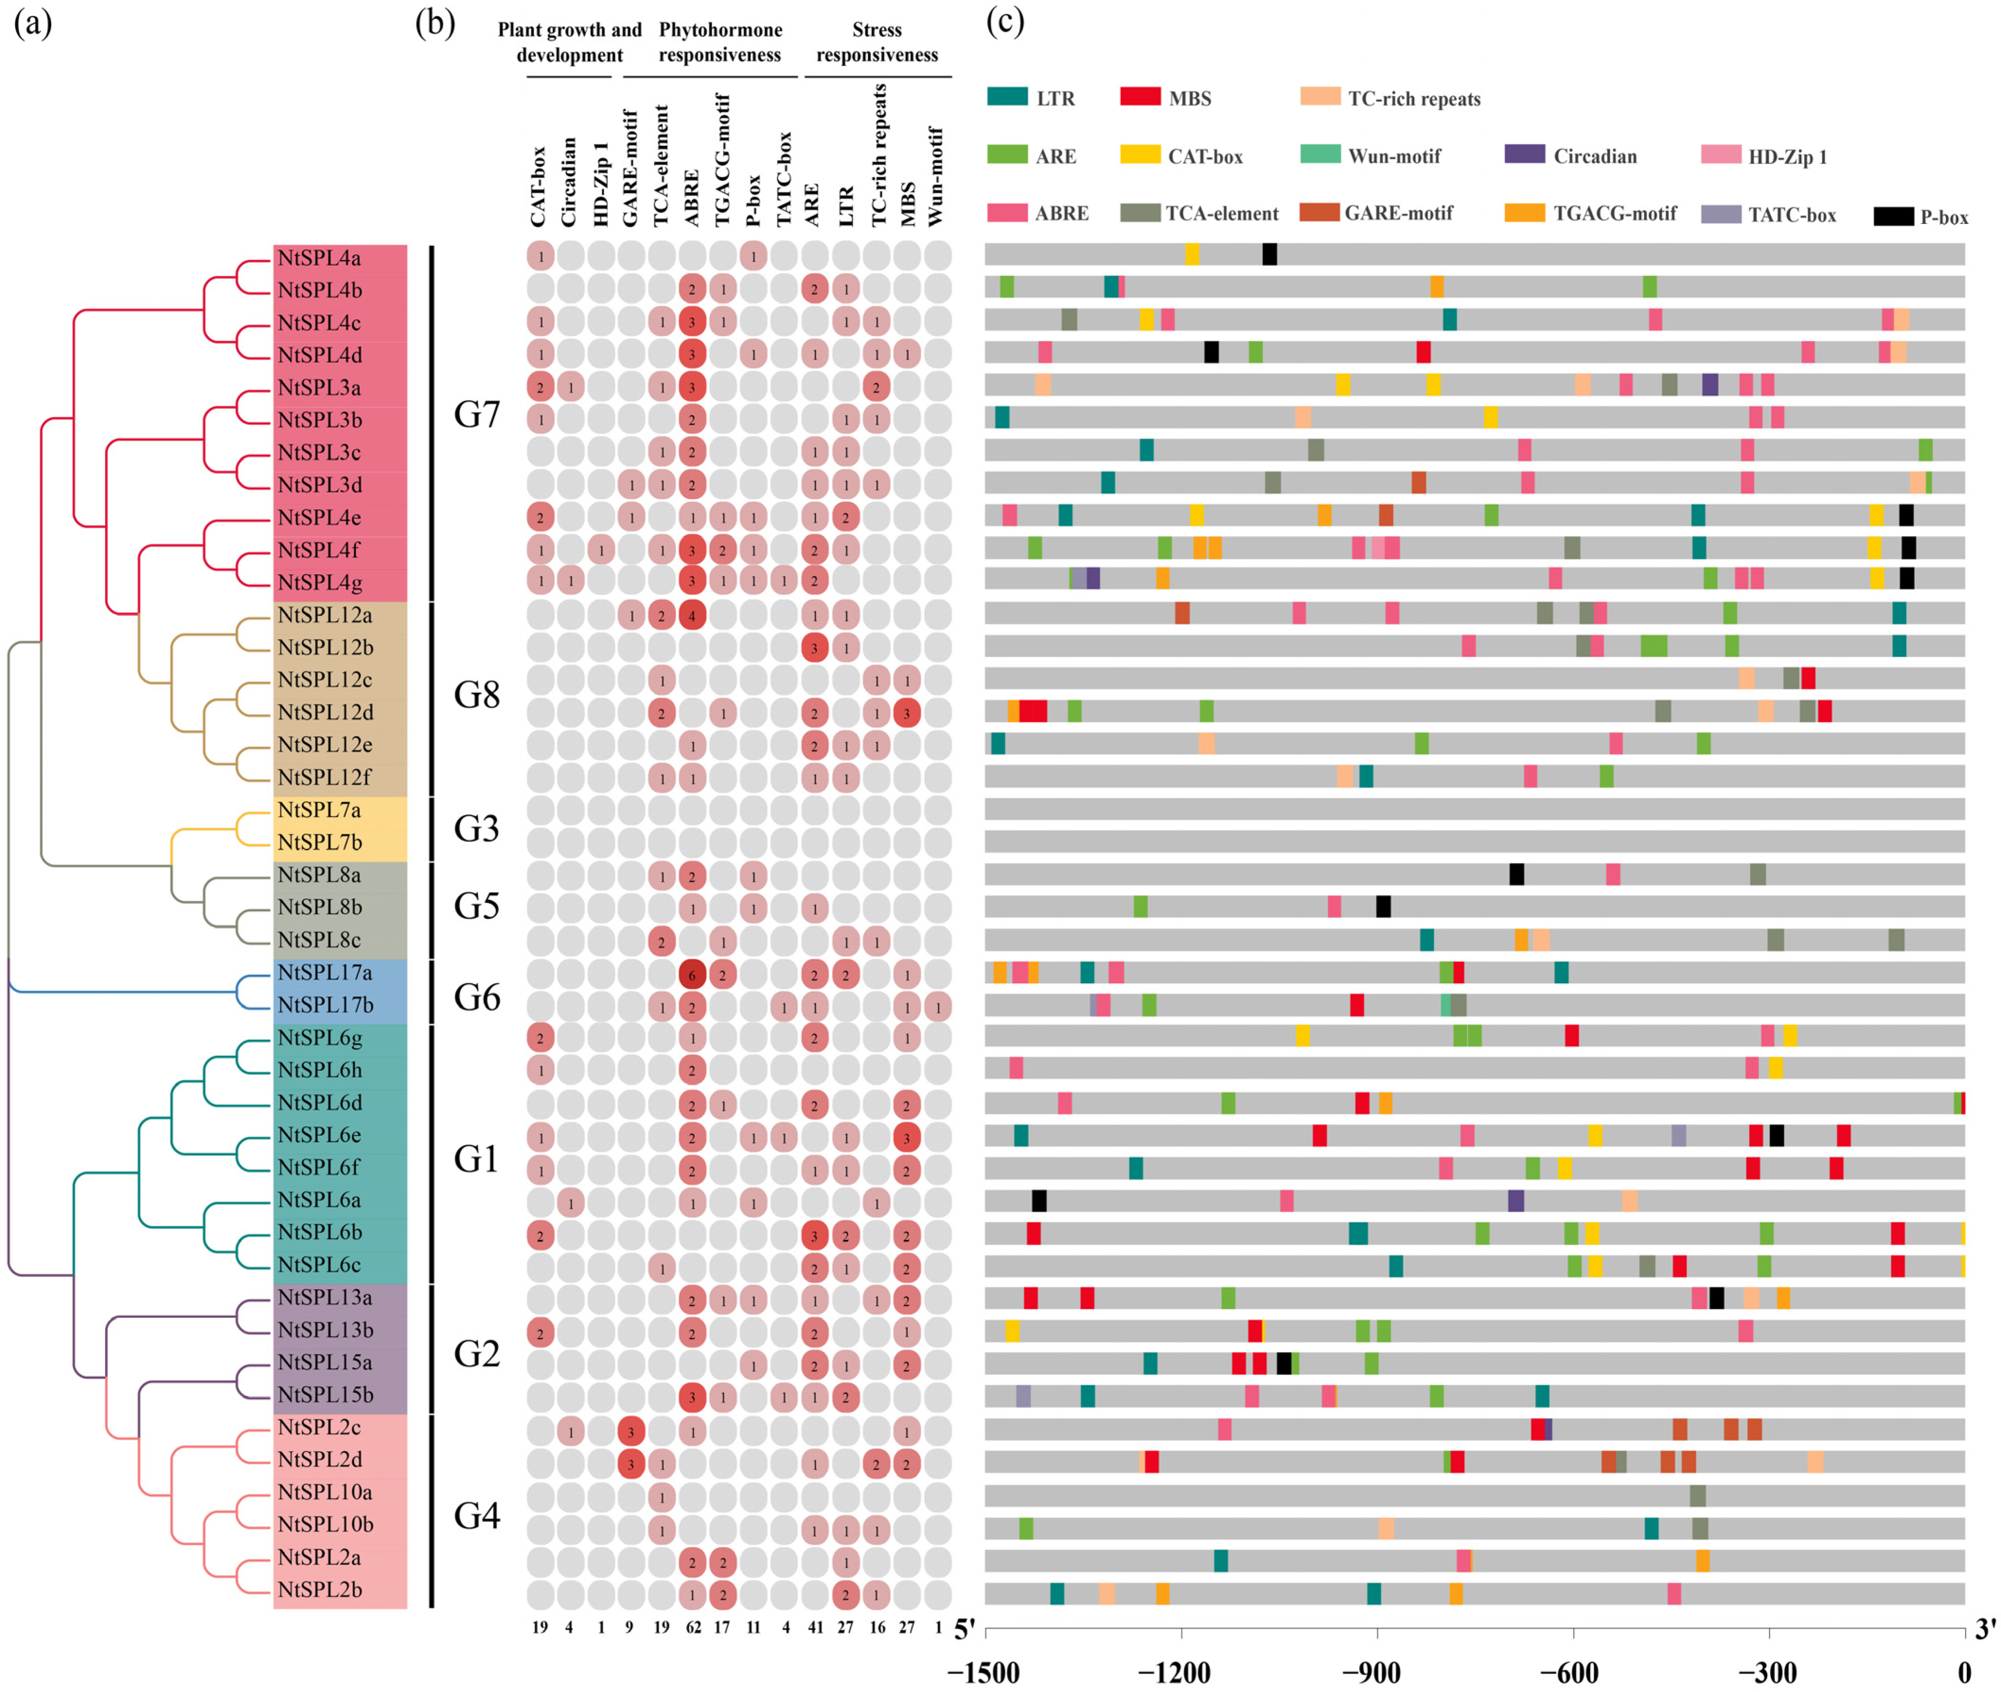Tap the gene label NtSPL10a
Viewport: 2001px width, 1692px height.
(x=324, y=1492)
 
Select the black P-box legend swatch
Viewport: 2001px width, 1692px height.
(x=1893, y=216)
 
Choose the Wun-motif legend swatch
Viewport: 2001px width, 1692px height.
(x=1320, y=153)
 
